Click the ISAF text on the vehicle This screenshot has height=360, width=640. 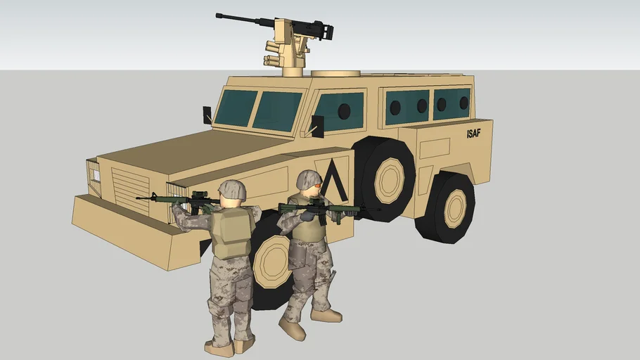(473, 134)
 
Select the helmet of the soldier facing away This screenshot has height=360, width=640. (232, 190)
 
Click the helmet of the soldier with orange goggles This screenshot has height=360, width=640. (309, 179)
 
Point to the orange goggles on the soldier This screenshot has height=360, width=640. (316, 186)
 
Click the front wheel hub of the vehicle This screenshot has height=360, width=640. (272, 262)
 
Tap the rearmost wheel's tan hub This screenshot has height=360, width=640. (454, 209)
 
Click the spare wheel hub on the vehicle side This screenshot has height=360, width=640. (390, 181)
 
